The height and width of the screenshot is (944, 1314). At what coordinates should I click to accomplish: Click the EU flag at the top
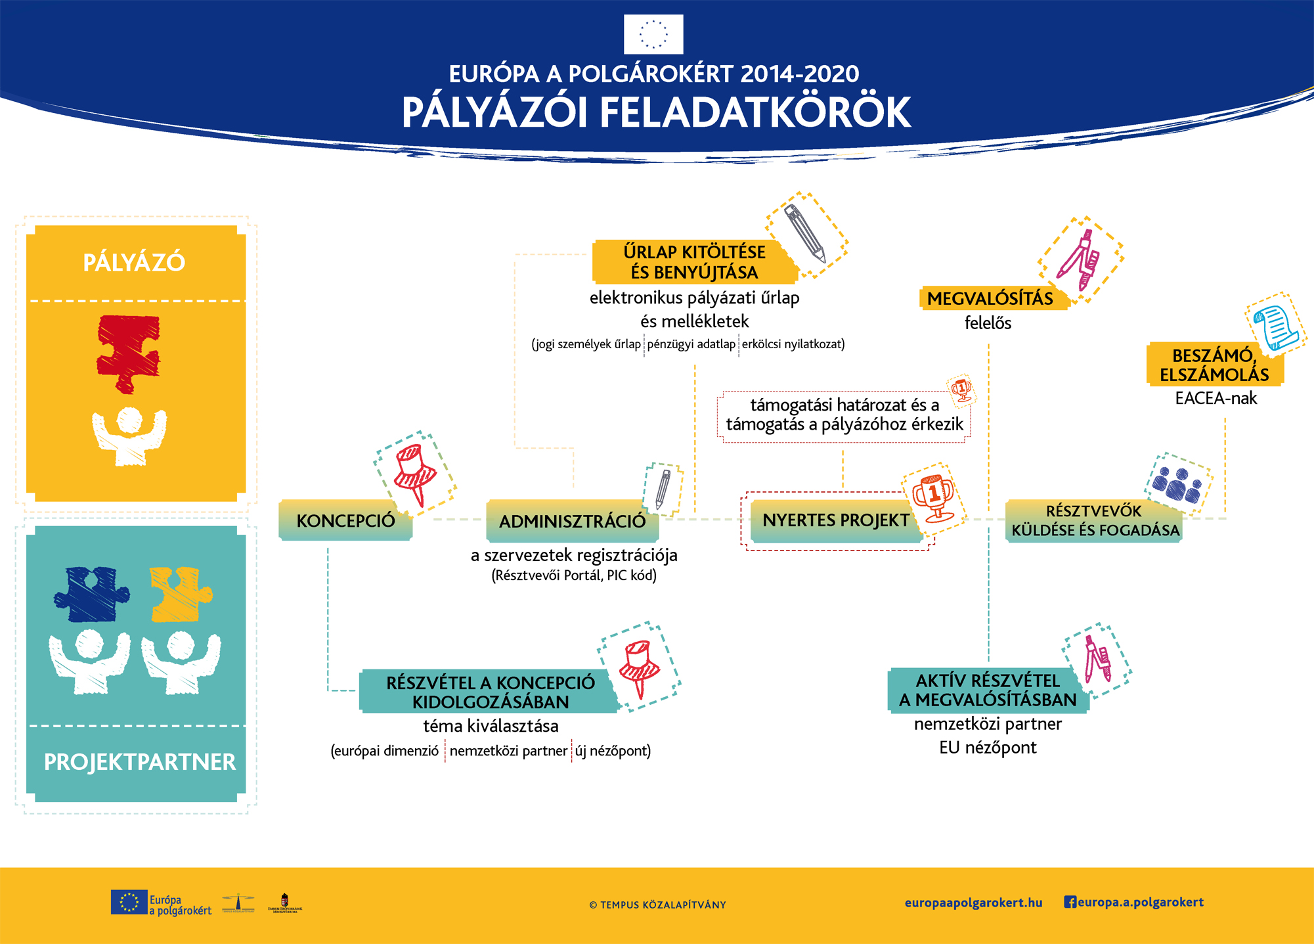point(653,34)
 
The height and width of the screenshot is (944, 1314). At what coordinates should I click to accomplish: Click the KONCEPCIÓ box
point(345,520)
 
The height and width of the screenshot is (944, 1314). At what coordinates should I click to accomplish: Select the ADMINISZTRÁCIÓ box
point(572,521)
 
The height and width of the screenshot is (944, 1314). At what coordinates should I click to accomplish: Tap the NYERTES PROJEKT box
point(835,520)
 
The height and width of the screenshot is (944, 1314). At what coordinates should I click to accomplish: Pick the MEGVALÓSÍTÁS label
point(990,298)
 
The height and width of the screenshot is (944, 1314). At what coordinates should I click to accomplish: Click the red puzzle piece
point(128,352)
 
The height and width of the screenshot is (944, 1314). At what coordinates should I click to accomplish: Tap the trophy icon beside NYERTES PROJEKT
point(933,496)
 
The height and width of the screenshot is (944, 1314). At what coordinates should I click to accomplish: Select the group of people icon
point(1177,485)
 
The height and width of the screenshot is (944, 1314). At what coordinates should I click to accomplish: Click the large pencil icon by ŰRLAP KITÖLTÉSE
point(806,234)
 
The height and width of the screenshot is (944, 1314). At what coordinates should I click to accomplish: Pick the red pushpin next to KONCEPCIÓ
point(414,472)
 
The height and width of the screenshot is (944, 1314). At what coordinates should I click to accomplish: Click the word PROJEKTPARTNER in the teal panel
point(139,762)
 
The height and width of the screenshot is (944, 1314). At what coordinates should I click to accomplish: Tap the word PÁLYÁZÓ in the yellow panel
point(134,262)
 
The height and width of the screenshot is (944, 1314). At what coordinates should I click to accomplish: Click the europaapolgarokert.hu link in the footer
point(973,903)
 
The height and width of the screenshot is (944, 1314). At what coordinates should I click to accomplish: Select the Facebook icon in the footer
point(1070,902)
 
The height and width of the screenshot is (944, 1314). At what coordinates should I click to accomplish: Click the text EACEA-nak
point(1215,398)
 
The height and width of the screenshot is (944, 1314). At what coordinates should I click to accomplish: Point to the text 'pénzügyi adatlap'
point(691,344)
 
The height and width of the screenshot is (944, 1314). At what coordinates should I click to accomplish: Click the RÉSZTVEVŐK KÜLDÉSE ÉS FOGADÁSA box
point(1095,520)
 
